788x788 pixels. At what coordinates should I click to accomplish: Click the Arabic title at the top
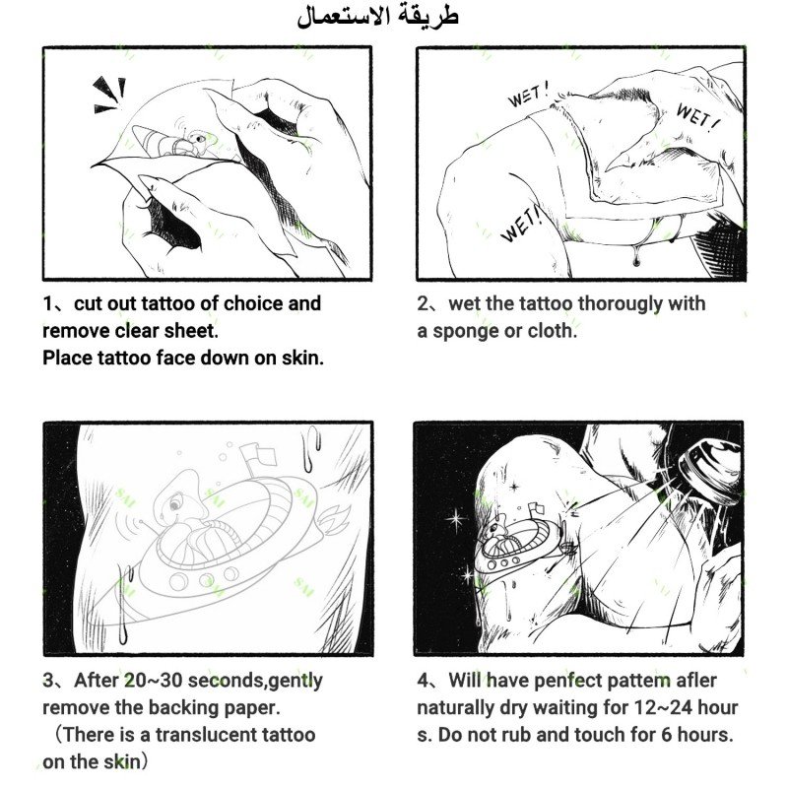point(377,17)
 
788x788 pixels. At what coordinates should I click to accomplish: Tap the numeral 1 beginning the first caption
point(47,304)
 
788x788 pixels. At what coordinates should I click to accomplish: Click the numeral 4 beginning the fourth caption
point(424,681)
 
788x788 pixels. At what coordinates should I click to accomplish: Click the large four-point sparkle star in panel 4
point(456,520)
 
